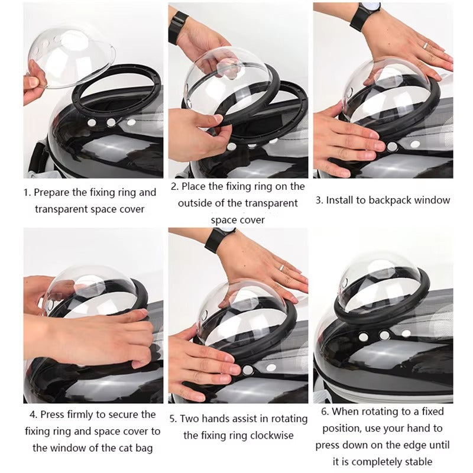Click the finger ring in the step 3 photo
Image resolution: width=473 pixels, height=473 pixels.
click(x=426, y=45)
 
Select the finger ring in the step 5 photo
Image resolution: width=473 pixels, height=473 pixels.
click(x=283, y=267)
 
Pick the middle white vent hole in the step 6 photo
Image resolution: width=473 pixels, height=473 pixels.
click(x=385, y=335)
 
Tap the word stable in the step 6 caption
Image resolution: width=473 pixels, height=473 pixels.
click(x=420, y=461)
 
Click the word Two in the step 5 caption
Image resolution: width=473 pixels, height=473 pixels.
click(x=189, y=419)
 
